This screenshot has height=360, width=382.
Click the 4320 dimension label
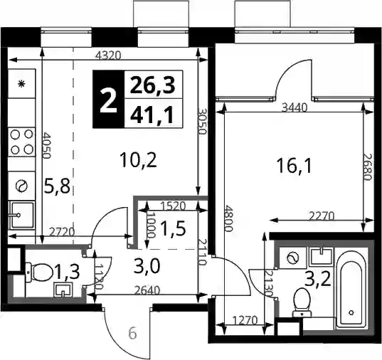tap(108, 55)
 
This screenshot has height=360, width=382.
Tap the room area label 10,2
tap(139, 160)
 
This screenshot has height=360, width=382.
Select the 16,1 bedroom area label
tap(295, 166)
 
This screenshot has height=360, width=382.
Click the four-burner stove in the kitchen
tap(21, 142)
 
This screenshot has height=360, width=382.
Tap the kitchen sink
tap(21, 215)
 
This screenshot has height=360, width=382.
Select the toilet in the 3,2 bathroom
tap(302, 302)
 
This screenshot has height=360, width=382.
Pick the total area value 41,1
tap(152, 115)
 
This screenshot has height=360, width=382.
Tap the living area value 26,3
tap(152, 85)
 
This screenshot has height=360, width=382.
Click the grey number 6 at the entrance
tap(132, 334)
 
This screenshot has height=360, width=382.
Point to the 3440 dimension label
tap(295, 107)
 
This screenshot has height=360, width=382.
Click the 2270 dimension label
tap(322, 216)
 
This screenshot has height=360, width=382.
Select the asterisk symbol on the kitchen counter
tap(21, 85)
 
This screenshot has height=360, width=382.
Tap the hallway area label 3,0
tap(147, 265)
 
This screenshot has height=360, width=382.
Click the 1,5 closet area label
tap(173, 230)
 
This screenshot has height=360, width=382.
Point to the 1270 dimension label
tap(245, 320)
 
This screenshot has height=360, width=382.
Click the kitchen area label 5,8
tap(57, 186)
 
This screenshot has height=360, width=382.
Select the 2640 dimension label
tap(148, 290)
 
